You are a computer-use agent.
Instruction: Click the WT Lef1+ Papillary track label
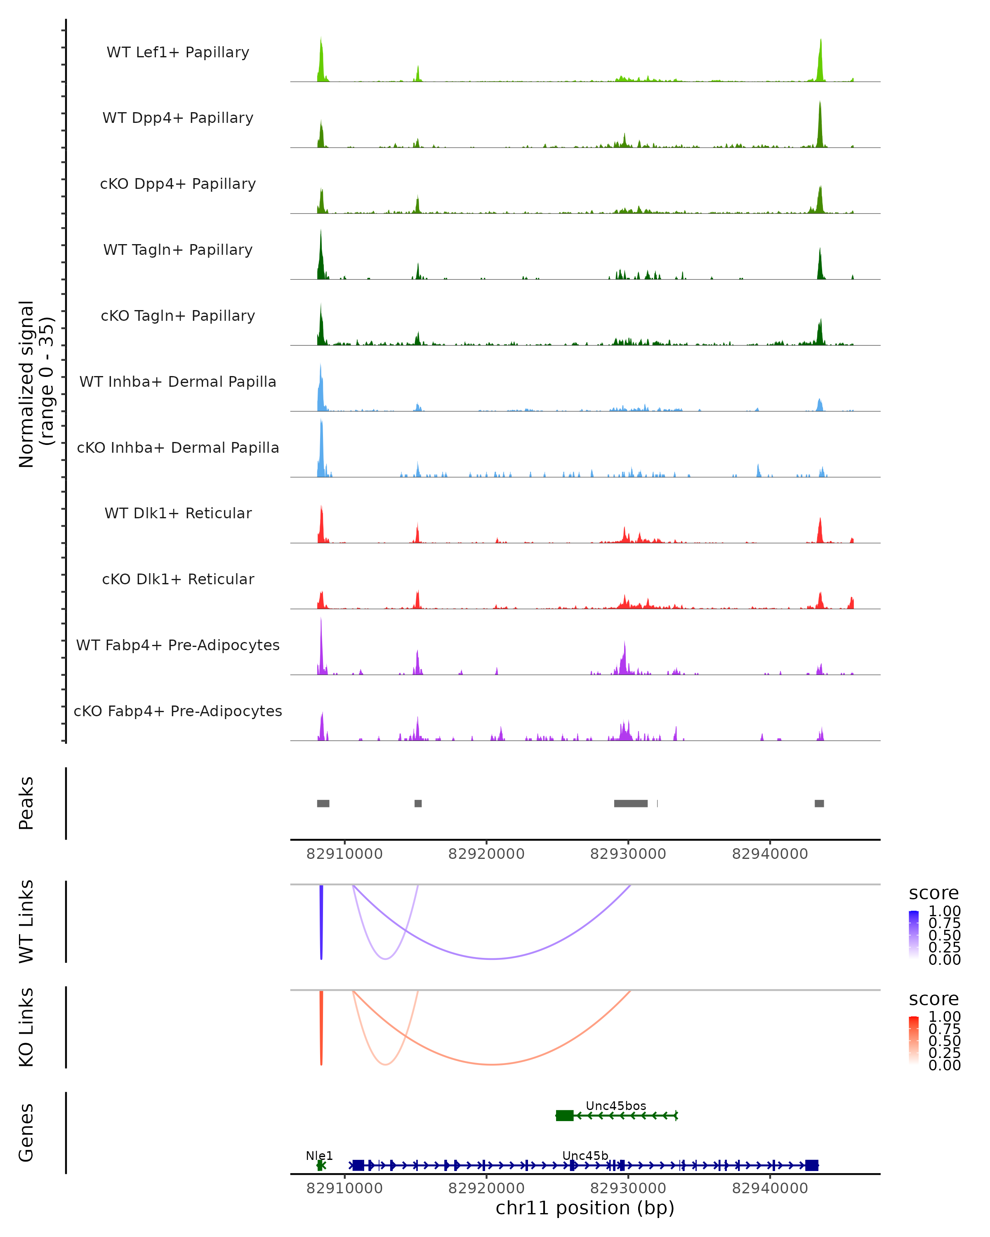tap(178, 52)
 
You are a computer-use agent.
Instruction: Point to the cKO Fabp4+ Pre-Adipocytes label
tap(178, 711)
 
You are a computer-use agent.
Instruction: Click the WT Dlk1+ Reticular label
tap(178, 513)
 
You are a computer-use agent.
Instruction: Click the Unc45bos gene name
tap(616, 1105)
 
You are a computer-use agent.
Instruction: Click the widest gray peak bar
tap(631, 803)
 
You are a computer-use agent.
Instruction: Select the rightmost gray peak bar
tap(819, 803)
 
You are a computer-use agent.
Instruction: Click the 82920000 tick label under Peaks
tap(486, 854)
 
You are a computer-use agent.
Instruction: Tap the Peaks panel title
tap(26, 803)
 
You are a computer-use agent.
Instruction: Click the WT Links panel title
tap(26, 922)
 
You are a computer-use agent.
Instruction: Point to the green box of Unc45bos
tap(565, 1115)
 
